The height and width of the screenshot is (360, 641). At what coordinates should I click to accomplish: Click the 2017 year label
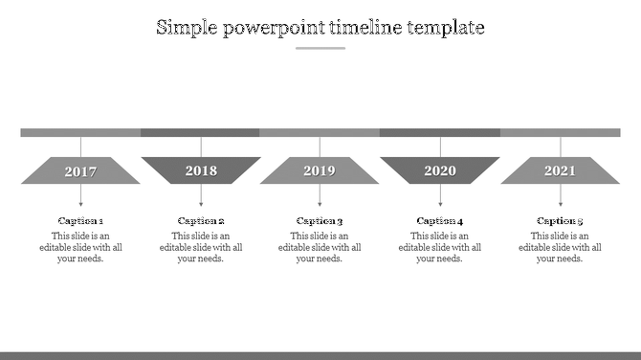[80, 172]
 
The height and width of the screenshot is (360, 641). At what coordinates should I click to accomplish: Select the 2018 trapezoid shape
[201, 170]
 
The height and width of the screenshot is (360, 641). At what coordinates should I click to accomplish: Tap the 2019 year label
[320, 171]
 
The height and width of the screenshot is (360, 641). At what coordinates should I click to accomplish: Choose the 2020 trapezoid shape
[440, 170]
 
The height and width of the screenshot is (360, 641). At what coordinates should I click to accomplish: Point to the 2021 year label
[560, 171]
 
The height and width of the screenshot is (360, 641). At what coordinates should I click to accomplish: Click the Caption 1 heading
[80, 221]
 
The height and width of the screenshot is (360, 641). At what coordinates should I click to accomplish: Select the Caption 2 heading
[201, 221]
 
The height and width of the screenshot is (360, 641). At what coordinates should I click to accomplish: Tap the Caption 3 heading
[320, 221]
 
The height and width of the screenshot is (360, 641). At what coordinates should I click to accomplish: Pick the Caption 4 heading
[440, 221]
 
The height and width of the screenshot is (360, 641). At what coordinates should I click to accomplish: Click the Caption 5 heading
[560, 221]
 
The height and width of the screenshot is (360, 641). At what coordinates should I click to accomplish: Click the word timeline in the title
[366, 28]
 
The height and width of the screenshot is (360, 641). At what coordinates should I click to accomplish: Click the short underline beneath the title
[320, 48]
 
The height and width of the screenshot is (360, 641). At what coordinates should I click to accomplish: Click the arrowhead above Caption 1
[80, 204]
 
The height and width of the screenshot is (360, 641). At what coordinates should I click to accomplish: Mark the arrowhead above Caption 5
[560, 204]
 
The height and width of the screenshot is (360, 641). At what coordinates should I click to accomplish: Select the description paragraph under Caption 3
[320, 247]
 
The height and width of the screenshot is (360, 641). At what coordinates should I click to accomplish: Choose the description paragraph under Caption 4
[440, 247]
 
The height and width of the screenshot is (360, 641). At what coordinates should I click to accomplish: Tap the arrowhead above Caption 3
[320, 204]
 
